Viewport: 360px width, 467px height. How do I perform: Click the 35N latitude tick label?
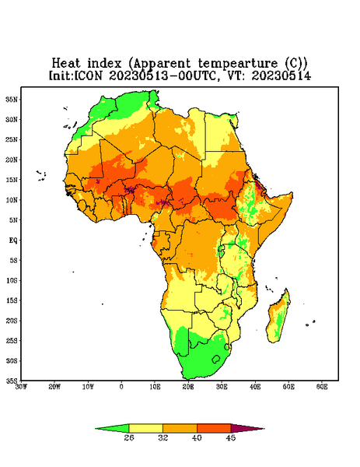(12, 100)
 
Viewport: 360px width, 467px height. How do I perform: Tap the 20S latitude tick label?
(12, 321)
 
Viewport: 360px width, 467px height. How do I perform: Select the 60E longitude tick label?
(322, 387)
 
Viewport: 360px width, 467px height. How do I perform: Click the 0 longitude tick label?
(121, 387)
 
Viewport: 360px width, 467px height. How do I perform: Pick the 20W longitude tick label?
(54, 387)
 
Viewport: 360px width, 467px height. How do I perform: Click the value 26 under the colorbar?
(129, 437)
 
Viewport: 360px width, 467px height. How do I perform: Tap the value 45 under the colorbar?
(231, 437)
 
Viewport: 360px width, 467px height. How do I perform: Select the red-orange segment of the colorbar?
(214, 428)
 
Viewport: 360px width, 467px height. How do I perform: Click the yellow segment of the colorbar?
(145, 428)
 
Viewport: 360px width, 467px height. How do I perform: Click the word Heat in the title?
(66, 64)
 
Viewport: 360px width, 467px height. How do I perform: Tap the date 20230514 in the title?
(281, 75)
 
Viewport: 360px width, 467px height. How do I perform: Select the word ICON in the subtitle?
(88, 75)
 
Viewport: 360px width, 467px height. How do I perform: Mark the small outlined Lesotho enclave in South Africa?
(216, 359)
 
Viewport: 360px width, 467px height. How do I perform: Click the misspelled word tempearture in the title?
(238, 64)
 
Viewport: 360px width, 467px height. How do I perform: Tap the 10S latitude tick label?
(12, 280)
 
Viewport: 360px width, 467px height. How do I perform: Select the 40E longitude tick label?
(255, 387)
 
